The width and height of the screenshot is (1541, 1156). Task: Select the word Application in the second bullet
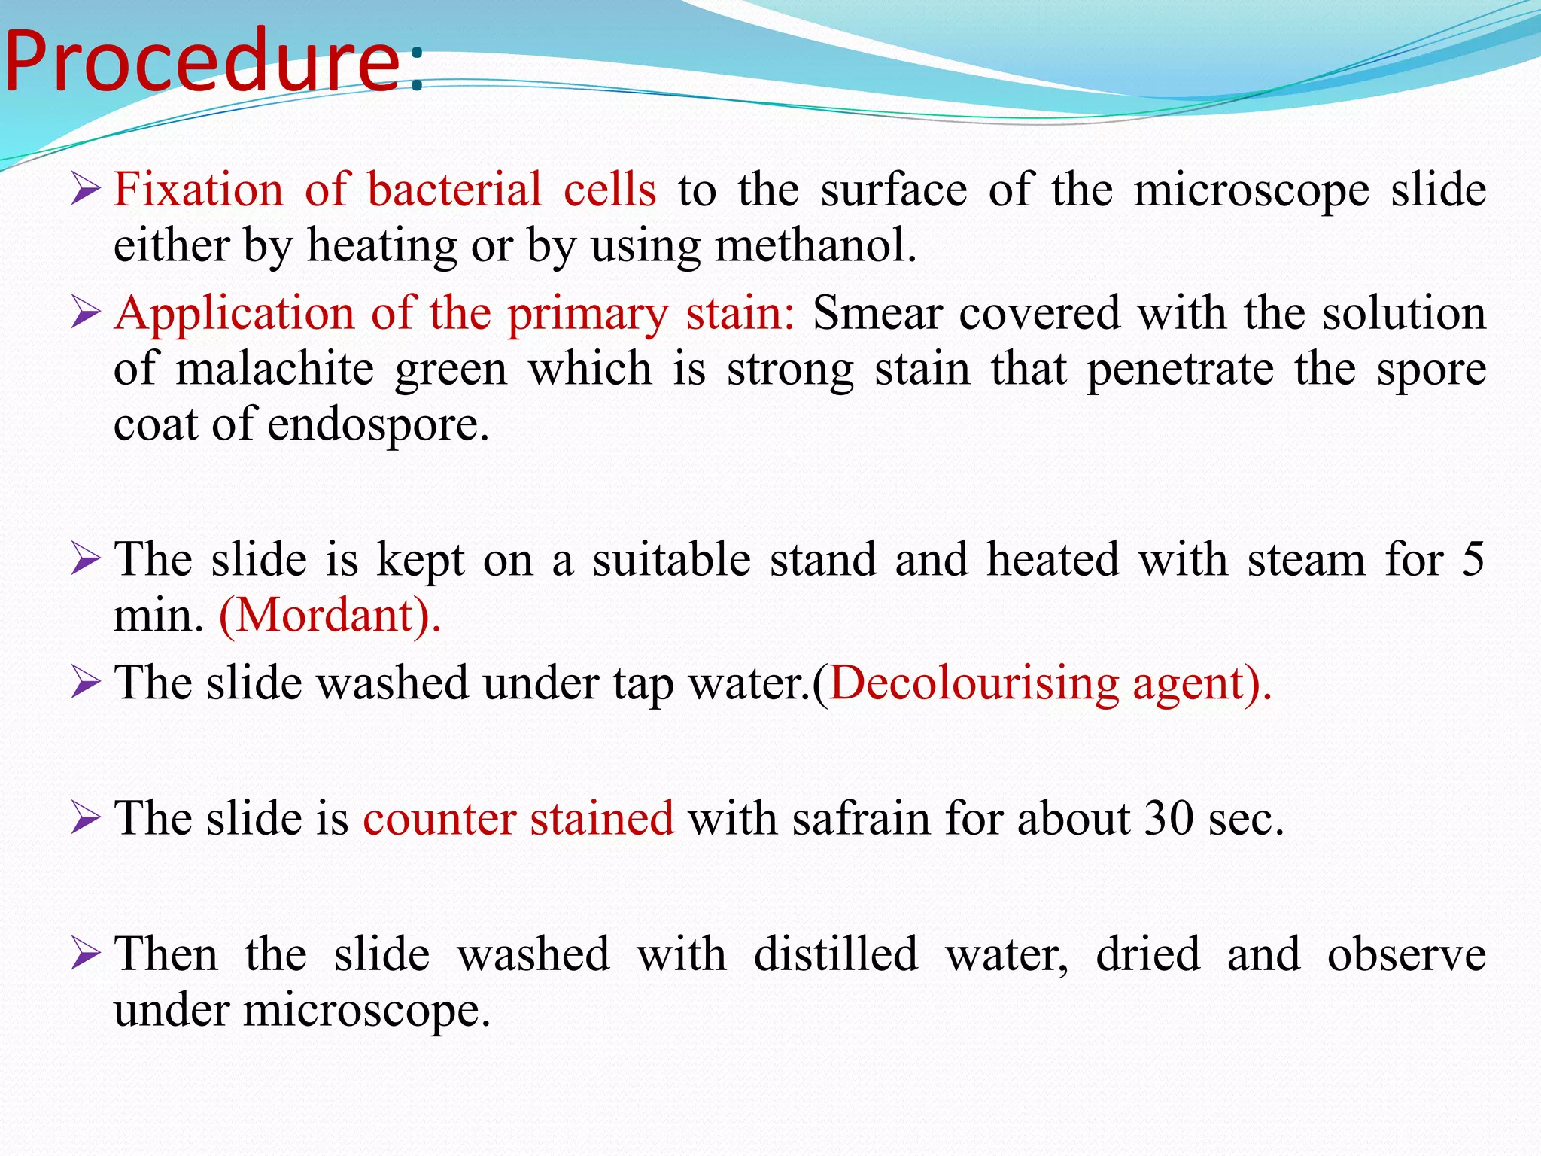coord(235,313)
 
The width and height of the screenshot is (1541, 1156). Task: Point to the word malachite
coord(275,369)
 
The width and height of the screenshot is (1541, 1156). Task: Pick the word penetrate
coord(1181,369)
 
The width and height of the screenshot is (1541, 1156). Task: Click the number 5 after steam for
coord(1473,560)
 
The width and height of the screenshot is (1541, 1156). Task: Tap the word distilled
coord(836,954)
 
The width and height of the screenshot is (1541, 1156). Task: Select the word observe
coord(1406,954)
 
